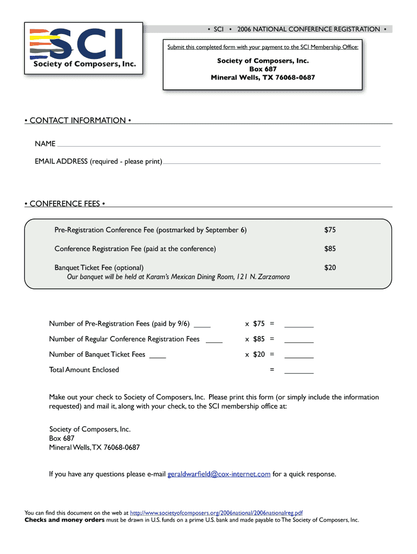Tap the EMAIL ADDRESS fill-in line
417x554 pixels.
pyautogui.click(x=271, y=162)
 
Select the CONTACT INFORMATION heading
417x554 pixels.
pyautogui.click(x=77, y=120)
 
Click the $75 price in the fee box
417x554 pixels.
pyautogui.click(x=330, y=230)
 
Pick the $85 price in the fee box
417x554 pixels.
pyautogui.click(x=330, y=249)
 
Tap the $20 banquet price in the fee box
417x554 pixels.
pyautogui.click(x=330, y=267)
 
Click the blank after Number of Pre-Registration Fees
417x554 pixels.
pyautogui.click(x=202, y=326)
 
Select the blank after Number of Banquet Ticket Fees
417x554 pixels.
pyautogui.click(x=158, y=357)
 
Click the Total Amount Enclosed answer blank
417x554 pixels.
pyautogui.click(x=299, y=372)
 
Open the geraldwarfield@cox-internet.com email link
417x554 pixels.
pyautogui.click(x=219, y=474)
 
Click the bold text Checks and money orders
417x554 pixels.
pyautogui.click(x=64, y=520)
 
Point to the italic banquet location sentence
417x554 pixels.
pyautogui.click(x=178, y=277)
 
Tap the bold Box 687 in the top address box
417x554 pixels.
pyautogui.click(x=263, y=69)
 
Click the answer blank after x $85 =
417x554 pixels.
pyautogui.click(x=299, y=341)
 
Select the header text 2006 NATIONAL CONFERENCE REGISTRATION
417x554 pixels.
pyautogui.click(x=308, y=29)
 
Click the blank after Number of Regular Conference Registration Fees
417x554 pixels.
pyautogui.click(x=214, y=341)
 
